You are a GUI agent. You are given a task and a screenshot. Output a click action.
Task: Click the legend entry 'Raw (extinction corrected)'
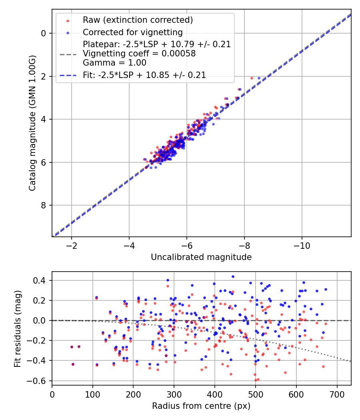point(138,20)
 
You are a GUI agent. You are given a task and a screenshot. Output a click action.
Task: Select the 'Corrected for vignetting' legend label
point(132,32)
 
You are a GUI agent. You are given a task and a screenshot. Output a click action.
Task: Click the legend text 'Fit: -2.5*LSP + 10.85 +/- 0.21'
point(144,75)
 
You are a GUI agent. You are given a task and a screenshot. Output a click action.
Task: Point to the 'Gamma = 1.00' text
point(114,63)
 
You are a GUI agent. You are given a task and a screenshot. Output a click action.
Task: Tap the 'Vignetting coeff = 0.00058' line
point(139,54)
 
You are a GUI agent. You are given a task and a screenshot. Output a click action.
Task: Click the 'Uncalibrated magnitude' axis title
point(201,257)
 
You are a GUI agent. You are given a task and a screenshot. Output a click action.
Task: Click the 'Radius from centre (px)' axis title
point(201,406)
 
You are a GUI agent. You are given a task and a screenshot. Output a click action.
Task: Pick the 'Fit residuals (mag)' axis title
point(18,328)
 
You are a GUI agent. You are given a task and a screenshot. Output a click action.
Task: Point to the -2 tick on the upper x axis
point(72,245)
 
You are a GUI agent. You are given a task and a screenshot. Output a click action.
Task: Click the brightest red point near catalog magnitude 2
point(252,78)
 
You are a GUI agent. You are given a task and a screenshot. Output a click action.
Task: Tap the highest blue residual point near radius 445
point(233,276)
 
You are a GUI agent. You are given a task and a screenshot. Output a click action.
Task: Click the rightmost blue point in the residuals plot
point(326,289)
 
